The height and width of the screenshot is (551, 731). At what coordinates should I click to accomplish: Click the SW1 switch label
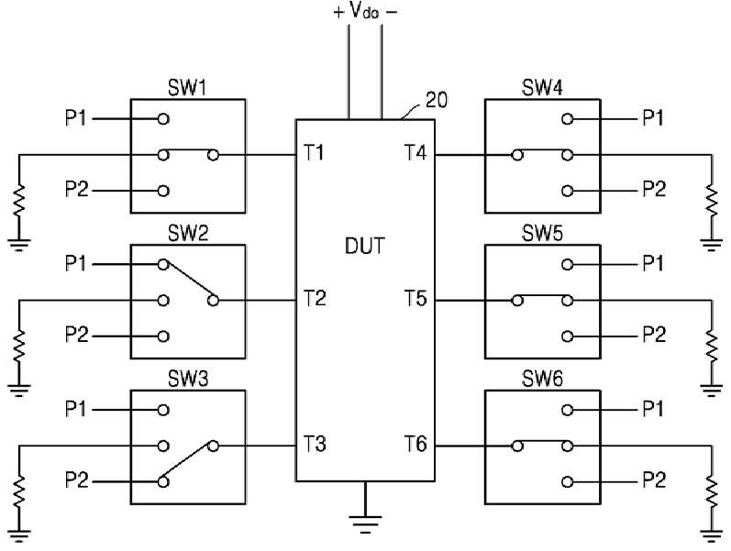click(x=187, y=88)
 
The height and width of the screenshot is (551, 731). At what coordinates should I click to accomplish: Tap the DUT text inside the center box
click(x=365, y=246)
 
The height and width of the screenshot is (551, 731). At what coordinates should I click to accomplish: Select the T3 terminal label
click(x=315, y=444)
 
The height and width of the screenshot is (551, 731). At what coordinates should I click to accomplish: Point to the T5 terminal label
click(x=415, y=298)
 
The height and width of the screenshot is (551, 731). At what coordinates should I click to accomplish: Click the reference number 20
click(x=437, y=100)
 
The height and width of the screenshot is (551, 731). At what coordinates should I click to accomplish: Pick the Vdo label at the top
click(x=365, y=11)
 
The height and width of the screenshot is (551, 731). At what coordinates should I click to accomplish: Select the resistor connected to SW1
click(x=19, y=201)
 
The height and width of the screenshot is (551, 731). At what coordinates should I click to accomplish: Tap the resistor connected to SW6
click(x=712, y=491)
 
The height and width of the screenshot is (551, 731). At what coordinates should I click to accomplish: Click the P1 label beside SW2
click(x=76, y=264)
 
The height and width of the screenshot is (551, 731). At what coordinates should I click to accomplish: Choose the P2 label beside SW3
click(x=76, y=480)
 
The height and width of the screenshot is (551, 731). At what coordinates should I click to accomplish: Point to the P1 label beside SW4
click(x=653, y=118)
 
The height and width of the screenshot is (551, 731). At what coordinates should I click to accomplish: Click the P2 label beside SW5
click(x=654, y=335)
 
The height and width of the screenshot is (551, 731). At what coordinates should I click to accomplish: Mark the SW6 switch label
click(x=542, y=379)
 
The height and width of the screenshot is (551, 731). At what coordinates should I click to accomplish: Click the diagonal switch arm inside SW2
click(x=188, y=281)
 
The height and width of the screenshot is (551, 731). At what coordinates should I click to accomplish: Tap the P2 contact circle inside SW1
click(x=163, y=191)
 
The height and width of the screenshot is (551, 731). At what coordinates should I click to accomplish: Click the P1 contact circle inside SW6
click(x=567, y=410)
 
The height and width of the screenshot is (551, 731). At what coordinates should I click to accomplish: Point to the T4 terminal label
click(x=415, y=153)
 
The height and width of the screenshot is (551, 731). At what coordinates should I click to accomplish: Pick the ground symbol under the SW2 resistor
click(x=19, y=390)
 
